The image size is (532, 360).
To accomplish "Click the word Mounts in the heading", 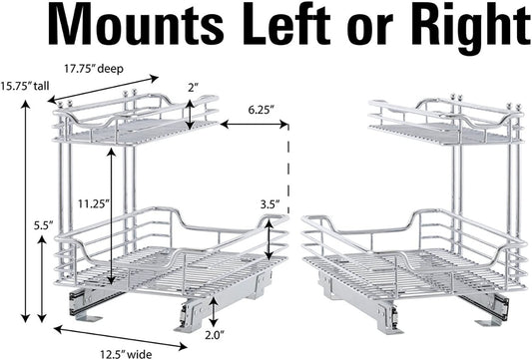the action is (136, 25).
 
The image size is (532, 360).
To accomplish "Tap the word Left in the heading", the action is (286, 24).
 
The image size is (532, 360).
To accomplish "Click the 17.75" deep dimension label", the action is (94, 69).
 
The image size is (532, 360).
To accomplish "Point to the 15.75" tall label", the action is (25, 86).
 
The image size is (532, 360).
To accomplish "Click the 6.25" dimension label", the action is (261, 110).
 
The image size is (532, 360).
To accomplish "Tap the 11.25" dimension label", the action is (94, 204).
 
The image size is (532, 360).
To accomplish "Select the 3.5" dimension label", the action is (270, 204).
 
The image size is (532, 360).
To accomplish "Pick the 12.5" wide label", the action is (126, 354).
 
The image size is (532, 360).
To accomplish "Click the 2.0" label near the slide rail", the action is (215, 335).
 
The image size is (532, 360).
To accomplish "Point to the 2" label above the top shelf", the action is (193, 88).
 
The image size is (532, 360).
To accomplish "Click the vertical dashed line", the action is (288, 170).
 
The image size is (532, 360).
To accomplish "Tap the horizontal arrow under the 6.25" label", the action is (255, 125).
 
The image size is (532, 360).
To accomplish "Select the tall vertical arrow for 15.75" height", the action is (25, 210).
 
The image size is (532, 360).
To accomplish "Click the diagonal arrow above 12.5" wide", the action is (121, 337).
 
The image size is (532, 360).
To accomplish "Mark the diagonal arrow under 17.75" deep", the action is (103, 89).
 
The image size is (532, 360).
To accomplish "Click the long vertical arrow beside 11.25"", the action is (111, 216).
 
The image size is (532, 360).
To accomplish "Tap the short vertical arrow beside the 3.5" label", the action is (269, 239).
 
